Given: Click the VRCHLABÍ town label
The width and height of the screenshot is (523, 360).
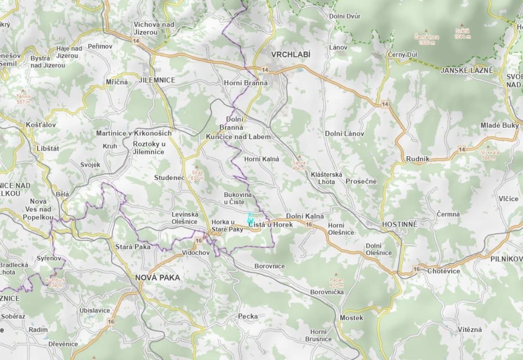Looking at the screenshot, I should tap(291, 54).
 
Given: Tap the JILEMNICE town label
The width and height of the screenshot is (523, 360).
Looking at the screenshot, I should tap(158, 80).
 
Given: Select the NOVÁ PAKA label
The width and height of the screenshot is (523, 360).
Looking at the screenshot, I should tap(158, 278).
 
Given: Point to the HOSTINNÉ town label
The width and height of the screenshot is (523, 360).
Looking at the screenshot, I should tap(399, 224).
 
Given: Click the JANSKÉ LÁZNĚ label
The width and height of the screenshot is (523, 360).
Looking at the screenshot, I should tap(467, 71).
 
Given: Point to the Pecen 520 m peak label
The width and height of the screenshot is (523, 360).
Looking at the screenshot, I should tap(336, 282).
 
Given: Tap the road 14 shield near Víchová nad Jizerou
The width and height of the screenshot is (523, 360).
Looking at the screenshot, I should tap(136, 40).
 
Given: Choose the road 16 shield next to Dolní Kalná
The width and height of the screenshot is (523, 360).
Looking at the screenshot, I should tap(309, 225).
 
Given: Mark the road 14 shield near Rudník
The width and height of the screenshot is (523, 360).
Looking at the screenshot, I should tap(462, 149).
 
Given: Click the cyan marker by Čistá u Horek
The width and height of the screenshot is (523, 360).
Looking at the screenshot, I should tap(250, 217).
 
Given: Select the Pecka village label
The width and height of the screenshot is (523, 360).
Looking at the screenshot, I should tap(248, 316).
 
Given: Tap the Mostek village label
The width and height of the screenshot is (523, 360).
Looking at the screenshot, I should tap(352, 318).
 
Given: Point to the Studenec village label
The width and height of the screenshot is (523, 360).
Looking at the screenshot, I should tap(169, 178).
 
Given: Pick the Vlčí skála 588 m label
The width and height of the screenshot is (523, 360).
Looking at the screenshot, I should tap(489, 155).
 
